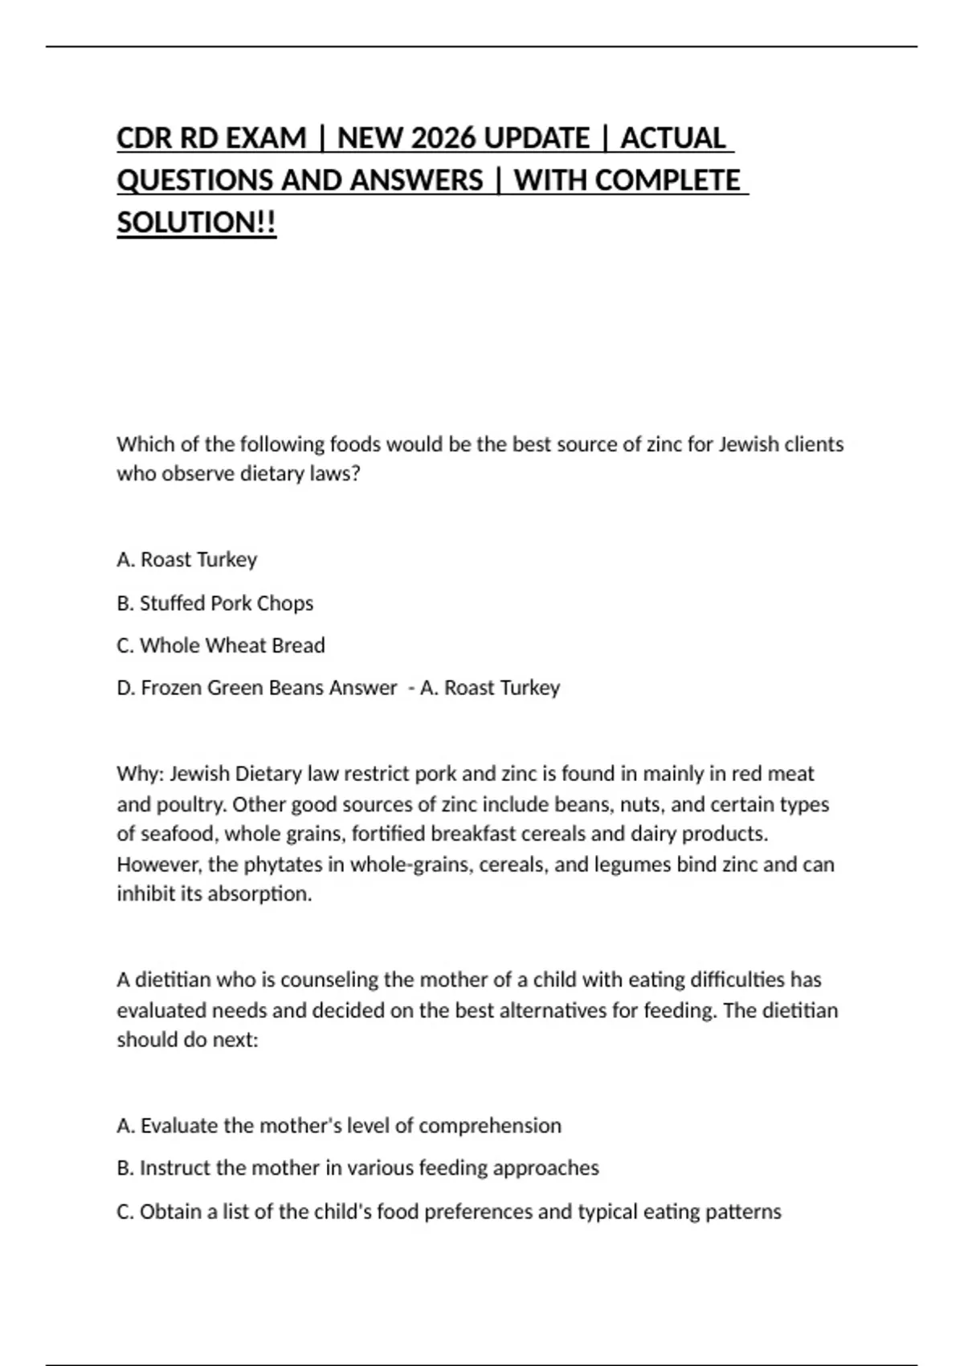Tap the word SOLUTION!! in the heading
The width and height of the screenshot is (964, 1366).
point(196,223)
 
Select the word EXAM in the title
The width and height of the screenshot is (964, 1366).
point(264,138)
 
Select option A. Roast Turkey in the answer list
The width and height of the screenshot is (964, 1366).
point(186,559)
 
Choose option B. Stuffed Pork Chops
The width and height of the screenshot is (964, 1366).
point(214,603)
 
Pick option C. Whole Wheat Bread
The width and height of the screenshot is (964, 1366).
point(220,645)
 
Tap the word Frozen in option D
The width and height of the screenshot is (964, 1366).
point(171,688)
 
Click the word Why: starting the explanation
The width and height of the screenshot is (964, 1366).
point(140,774)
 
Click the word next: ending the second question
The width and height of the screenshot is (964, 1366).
point(235,1040)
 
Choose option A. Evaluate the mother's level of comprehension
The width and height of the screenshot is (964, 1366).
point(338,1126)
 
